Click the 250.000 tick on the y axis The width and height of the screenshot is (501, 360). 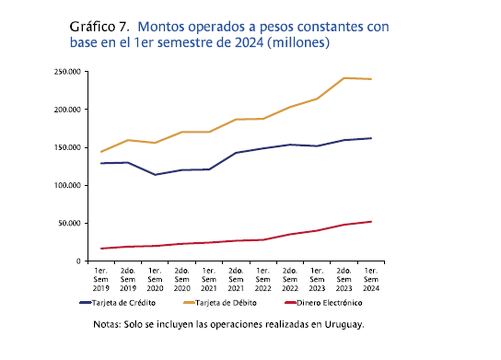[x=68, y=72]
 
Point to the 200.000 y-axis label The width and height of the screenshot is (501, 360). [x=68, y=109]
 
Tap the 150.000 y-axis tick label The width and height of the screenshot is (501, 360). [x=68, y=147]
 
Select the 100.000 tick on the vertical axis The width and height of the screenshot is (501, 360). [x=68, y=185]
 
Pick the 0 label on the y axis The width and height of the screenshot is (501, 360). [x=79, y=261]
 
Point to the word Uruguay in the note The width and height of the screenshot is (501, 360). [x=344, y=324]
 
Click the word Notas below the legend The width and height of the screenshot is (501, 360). [x=106, y=324]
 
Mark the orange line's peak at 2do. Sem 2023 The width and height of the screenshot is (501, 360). [x=344, y=78]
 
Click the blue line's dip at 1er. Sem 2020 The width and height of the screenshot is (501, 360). [x=155, y=175]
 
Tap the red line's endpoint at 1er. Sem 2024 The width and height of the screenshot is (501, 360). [x=371, y=221]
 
